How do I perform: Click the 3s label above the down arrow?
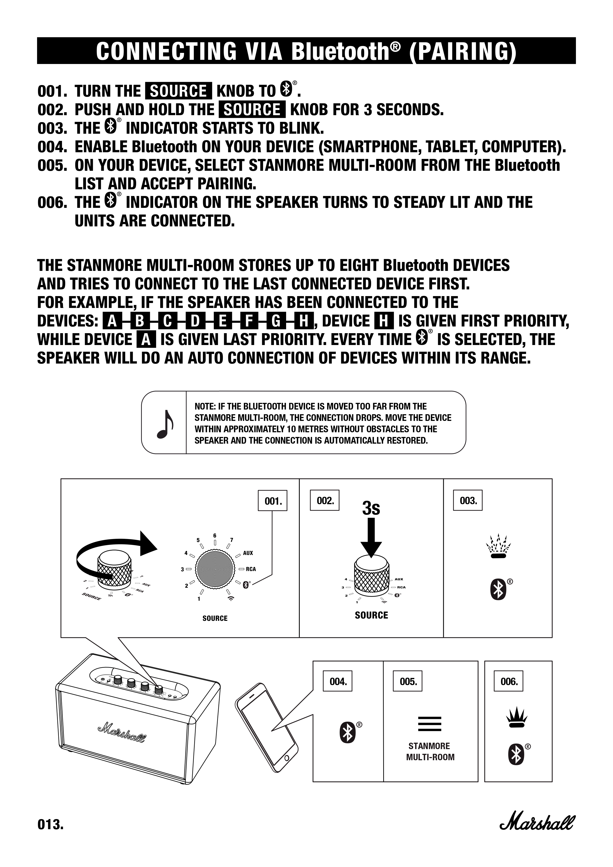(371, 508)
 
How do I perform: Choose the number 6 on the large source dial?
(215, 536)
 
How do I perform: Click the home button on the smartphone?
(287, 758)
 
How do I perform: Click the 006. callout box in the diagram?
(509, 682)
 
